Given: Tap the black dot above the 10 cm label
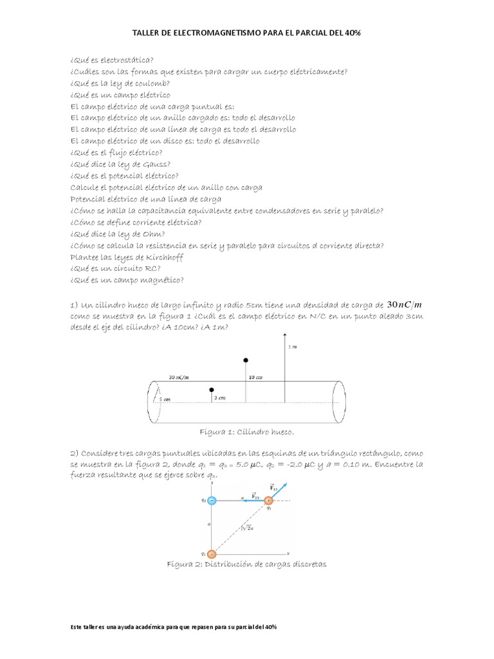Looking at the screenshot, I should [245, 360].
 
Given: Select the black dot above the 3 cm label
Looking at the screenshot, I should [211, 390].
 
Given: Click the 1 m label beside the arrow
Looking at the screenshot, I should [293, 347].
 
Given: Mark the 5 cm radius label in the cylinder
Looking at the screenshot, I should [165, 399].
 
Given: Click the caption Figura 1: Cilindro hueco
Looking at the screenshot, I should [248, 432].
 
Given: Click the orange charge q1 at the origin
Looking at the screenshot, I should [212, 553].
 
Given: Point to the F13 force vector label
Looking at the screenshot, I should [273, 487].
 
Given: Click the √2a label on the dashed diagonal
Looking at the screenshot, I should [245, 528].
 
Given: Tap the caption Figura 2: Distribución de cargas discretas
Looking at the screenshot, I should [247, 564].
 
